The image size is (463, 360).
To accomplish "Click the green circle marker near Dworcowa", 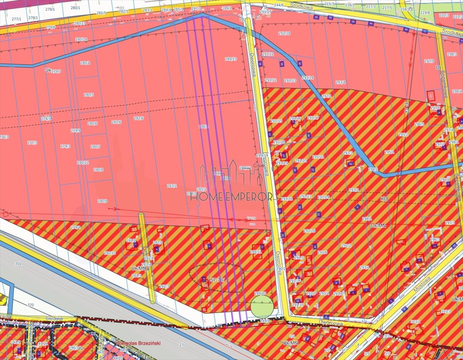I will click(x=262, y=306).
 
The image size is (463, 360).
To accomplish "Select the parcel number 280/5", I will click(x=89, y=95).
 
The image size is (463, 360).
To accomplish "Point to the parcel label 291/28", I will click(x=284, y=33).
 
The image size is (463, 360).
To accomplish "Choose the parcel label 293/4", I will click(x=340, y=83).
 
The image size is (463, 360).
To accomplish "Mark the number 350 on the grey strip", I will click(x=18, y=264).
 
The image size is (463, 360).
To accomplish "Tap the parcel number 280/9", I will click(x=102, y=201).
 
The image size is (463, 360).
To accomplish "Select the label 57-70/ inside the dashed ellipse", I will click(x=217, y=280).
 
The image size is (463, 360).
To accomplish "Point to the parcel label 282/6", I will click(x=138, y=118).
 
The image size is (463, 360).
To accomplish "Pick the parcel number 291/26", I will click(x=309, y=231).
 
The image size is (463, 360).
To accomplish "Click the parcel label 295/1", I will click(x=389, y=152).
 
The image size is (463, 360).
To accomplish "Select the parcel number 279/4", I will click(x=76, y=227).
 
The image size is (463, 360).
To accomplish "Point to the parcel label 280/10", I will click(x=110, y=253).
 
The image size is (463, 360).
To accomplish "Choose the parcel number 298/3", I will click(x=452, y=54).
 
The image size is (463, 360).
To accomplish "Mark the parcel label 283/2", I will click(x=172, y=186).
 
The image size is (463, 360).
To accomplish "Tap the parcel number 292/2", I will click(x=347, y=245).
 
